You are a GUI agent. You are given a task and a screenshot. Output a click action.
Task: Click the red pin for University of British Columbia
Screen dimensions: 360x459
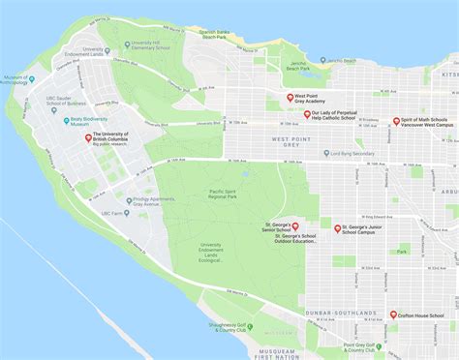tap(88, 138)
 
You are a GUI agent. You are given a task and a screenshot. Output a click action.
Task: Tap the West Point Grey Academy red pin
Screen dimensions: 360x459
tap(289, 98)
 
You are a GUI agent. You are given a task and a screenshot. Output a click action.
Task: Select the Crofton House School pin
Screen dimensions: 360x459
tap(393, 315)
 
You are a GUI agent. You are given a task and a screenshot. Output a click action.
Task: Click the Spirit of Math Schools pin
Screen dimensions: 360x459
tap(396, 122)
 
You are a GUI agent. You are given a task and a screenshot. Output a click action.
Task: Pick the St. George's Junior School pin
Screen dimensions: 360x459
tap(337, 229)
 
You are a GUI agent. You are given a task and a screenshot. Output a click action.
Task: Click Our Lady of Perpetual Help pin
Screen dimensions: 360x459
tap(307, 115)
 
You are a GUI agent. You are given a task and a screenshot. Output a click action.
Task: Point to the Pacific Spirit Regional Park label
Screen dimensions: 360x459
tap(229, 195)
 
